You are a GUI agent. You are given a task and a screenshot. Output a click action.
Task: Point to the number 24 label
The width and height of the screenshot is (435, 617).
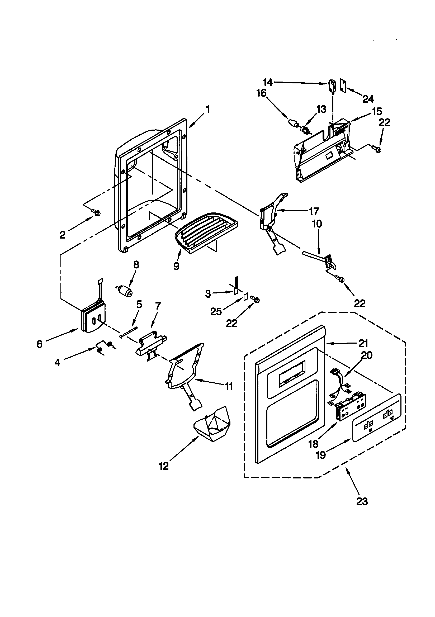point(368,99)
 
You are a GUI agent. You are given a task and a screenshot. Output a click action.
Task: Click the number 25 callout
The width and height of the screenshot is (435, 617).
point(216,311)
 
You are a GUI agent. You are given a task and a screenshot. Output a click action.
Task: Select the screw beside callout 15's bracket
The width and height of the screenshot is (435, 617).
point(377,149)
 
